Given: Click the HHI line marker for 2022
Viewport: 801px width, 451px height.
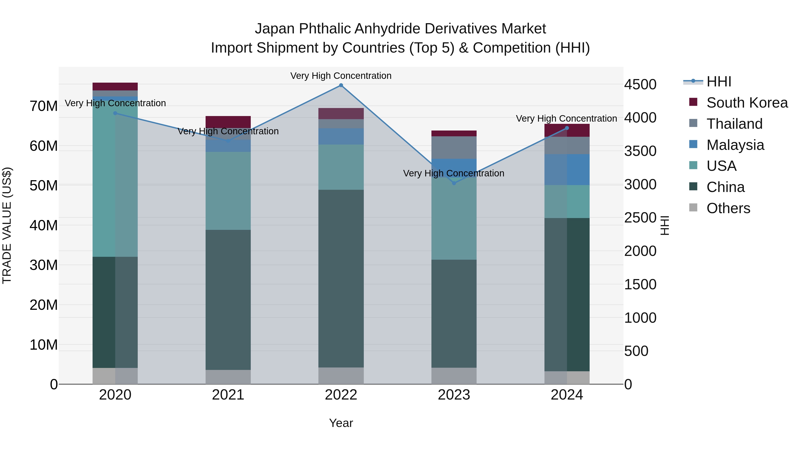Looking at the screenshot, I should click(341, 85).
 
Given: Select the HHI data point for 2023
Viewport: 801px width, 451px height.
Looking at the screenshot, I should click(454, 183).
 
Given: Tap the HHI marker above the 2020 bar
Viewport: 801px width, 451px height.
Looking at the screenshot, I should click(115, 113).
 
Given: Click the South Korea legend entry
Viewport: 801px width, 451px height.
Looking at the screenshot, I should click(747, 103).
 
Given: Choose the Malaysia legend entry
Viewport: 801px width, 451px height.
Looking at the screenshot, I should click(735, 145).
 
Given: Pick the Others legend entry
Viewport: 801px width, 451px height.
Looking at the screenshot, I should click(728, 208).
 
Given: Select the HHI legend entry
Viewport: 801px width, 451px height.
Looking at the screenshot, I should click(719, 82).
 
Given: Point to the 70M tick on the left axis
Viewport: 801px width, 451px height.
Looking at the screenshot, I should click(44, 106).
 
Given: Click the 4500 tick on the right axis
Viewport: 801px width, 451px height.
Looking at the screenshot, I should click(640, 85).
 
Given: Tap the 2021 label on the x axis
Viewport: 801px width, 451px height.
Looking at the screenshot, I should click(228, 395).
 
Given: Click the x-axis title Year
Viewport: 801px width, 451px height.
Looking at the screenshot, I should click(341, 423).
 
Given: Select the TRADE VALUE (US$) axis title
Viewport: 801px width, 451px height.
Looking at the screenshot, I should click(7, 225).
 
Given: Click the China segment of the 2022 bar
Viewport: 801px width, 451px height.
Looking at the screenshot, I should click(341, 279).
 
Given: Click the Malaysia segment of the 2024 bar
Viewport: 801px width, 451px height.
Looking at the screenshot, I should click(566, 170).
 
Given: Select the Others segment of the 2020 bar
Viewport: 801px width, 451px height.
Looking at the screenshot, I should click(115, 376).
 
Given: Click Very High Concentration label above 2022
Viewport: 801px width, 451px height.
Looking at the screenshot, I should click(341, 76).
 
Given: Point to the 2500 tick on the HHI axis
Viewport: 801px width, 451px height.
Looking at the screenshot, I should click(640, 218).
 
